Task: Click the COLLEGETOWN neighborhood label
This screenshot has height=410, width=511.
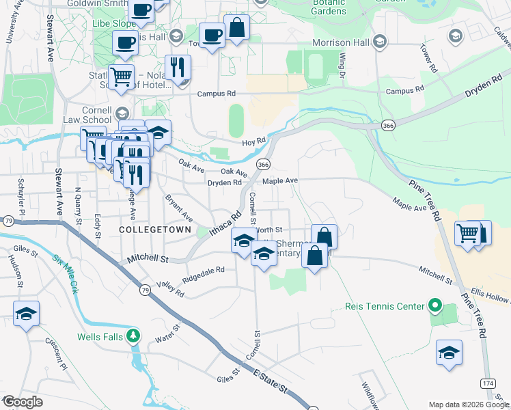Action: coord(155,230)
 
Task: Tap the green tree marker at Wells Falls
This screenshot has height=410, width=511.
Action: coord(135,336)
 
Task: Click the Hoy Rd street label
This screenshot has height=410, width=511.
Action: coord(253,141)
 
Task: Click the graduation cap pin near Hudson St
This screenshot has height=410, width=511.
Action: coord(26,314)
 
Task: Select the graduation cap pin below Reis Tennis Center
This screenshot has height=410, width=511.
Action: coord(449,353)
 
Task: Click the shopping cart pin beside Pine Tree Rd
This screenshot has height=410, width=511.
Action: coord(468,233)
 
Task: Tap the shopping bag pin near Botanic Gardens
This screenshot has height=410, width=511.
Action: coord(236,29)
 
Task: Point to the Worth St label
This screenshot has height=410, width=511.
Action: coord(270,230)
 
